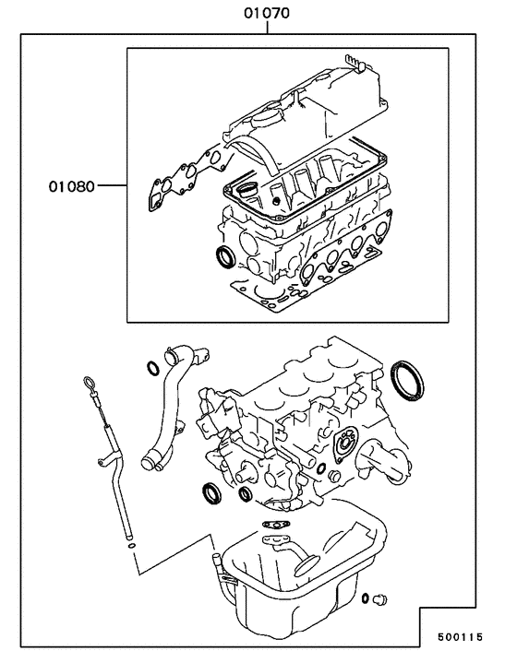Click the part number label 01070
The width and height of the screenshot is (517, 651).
267,14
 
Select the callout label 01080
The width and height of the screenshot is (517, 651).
72,186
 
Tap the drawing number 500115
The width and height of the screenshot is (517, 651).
471,636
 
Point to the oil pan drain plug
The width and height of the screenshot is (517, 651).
379,600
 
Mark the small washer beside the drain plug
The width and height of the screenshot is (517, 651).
367,596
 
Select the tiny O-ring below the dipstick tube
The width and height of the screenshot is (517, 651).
134,545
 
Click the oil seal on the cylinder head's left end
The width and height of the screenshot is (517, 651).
224,254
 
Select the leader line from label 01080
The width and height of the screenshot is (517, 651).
112,186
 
